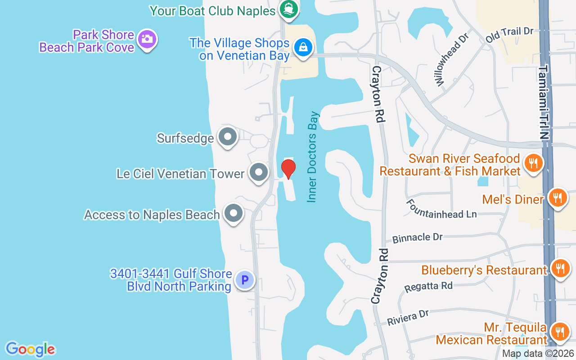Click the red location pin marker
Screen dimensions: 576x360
click(x=288, y=169)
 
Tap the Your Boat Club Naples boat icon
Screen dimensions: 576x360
click(x=288, y=9)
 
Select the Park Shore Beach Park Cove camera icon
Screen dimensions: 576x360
click(x=147, y=39)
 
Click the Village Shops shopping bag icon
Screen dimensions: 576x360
click(x=303, y=47)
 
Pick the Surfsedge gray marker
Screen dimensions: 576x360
click(x=227, y=136)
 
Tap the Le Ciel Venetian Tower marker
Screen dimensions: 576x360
click(x=259, y=172)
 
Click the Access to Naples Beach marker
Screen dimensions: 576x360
click(x=233, y=213)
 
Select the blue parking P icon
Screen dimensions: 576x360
click(x=245, y=280)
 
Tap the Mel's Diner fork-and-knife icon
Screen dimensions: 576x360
click(x=558, y=197)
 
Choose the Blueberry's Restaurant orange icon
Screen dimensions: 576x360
click(x=560, y=268)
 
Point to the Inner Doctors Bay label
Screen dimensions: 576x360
click(x=312, y=157)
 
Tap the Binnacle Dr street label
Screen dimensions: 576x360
click(x=417, y=237)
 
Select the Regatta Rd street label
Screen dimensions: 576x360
click(x=428, y=286)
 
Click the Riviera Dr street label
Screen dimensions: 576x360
click(x=408, y=317)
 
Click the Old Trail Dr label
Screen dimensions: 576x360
click(x=509, y=35)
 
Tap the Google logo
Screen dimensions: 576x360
click(x=31, y=349)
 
